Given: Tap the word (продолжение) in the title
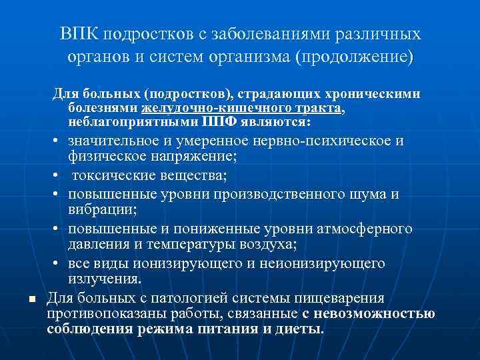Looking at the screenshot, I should [357, 56].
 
